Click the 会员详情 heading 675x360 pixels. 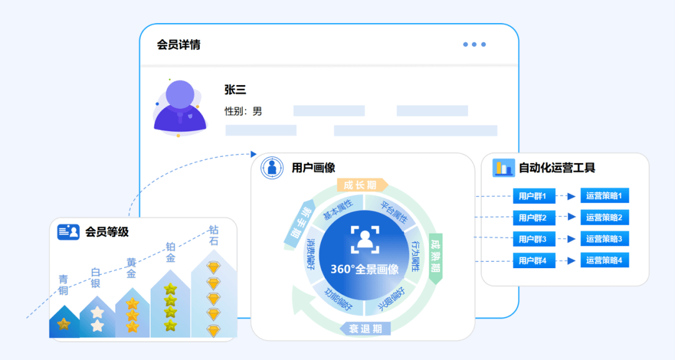pyautogui.click(x=179, y=45)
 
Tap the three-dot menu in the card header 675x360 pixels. pyautogui.click(x=474, y=44)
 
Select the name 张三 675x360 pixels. pyautogui.click(x=235, y=90)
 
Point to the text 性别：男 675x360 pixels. pyautogui.click(x=243, y=111)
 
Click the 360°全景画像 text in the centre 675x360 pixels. pyautogui.click(x=364, y=269)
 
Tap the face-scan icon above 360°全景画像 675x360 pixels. pyautogui.click(x=365, y=240)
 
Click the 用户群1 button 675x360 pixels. pyautogui.click(x=533, y=196)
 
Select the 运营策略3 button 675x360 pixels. pyautogui.click(x=604, y=239)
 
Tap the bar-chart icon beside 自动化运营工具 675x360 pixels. pyautogui.click(x=503, y=167)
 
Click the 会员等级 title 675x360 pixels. pyautogui.click(x=107, y=232)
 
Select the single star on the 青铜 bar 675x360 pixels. pyautogui.click(x=63, y=324)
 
